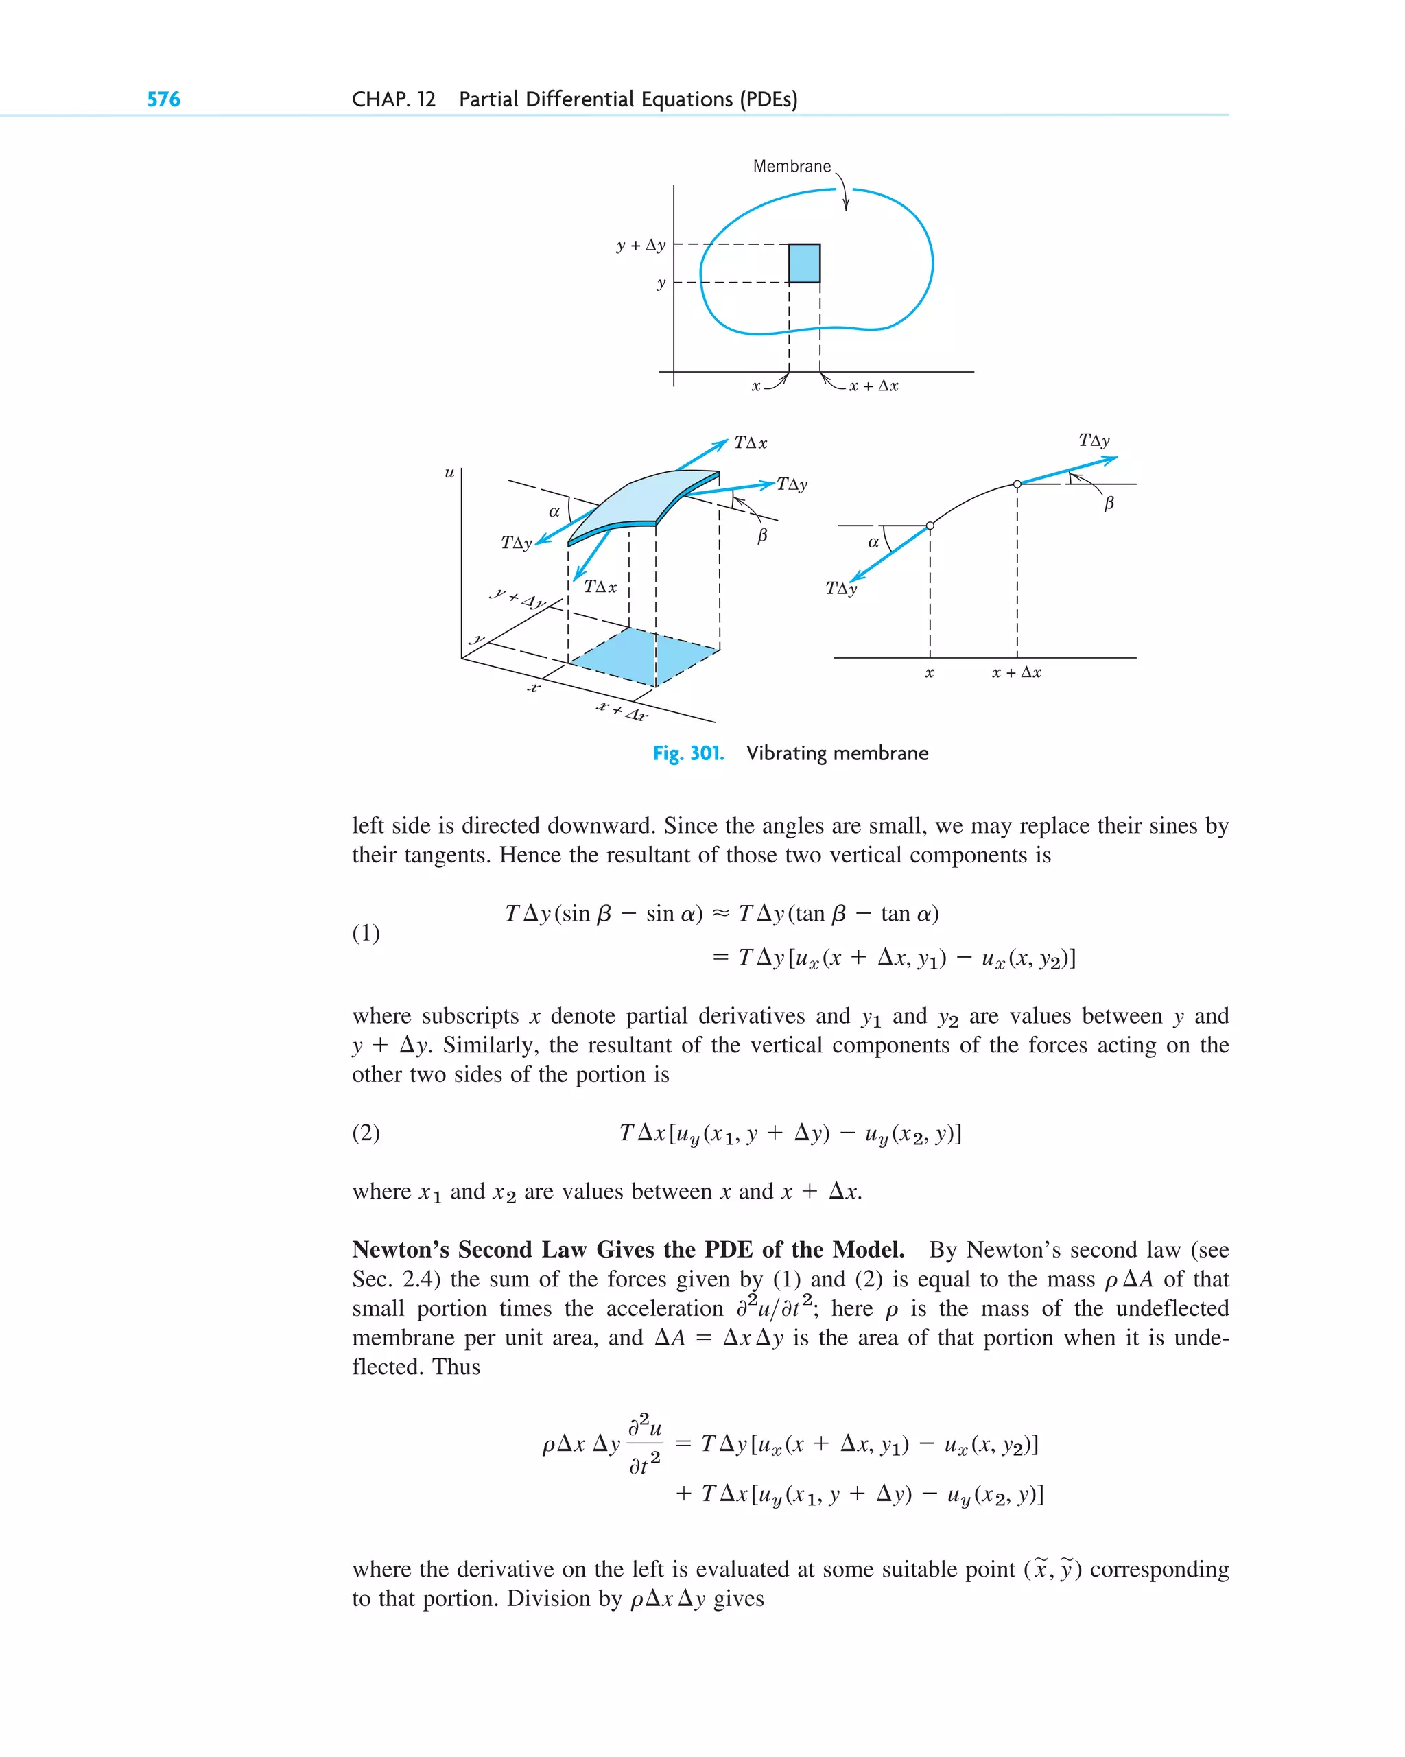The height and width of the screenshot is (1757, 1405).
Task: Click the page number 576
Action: click(163, 99)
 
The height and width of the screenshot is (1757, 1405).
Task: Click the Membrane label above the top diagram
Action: click(791, 166)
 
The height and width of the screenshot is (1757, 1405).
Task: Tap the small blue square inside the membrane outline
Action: click(803, 263)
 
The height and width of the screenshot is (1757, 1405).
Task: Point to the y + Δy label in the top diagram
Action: click(641, 246)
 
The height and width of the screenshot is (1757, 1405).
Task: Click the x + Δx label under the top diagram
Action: click(873, 386)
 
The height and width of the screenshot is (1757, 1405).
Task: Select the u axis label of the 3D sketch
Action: click(449, 473)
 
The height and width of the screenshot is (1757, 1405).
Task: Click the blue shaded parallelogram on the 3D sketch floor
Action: click(644, 656)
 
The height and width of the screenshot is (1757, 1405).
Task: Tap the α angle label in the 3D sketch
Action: click(554, 512)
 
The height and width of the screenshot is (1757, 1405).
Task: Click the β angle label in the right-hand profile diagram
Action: click(1109, 504)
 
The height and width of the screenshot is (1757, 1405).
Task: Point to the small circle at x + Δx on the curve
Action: click(1017, 484)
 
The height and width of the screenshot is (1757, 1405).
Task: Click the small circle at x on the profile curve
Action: click(930, 526)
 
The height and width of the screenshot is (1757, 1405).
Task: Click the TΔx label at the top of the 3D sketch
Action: click(750, 443)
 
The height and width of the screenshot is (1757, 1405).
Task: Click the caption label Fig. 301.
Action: click(688, 753)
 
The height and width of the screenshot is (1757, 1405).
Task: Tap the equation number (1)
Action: click(366, 932)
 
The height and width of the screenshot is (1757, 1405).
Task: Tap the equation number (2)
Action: click(366, 1133)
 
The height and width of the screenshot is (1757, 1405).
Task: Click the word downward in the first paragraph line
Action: click(600, 825)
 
